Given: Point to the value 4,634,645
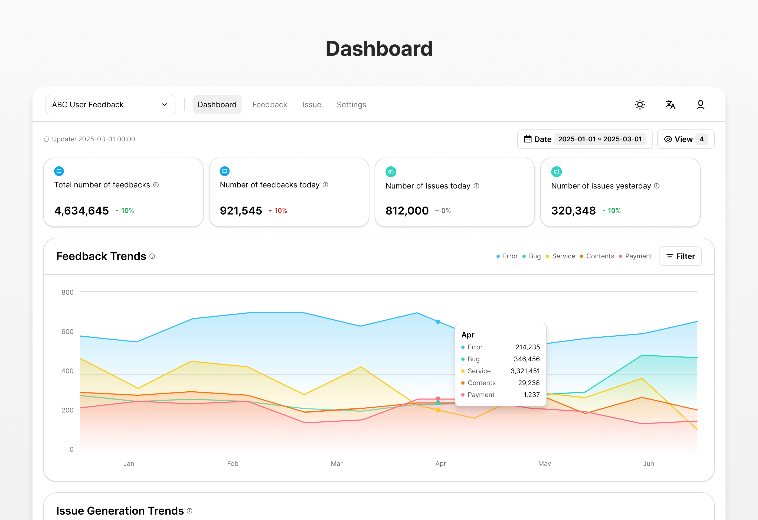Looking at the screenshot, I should point(81,211).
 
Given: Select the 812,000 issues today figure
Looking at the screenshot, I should point(407,211).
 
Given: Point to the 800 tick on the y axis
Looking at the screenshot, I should point(67,292).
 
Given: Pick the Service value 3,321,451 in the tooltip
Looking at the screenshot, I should point(525,371).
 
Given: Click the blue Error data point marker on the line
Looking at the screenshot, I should point(438,322).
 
